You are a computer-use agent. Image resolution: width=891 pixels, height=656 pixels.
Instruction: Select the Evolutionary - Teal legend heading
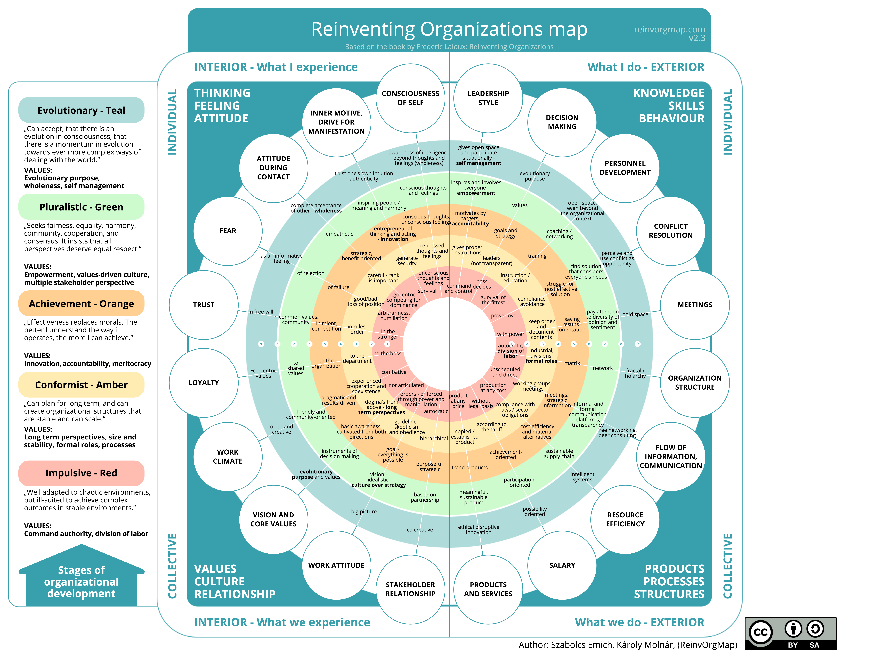point(81,110)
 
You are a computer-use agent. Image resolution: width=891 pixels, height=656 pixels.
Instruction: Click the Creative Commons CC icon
point(760,632)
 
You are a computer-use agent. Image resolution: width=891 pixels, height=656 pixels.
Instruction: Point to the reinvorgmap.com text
point(669,29)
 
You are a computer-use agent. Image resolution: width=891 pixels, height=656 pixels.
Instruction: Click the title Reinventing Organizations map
point(449,29)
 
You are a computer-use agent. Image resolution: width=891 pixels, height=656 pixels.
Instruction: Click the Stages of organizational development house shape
point(81,580)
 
